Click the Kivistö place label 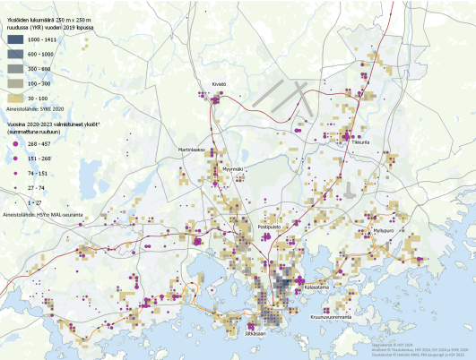click(219, 85)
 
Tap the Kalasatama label click(317, 287)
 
